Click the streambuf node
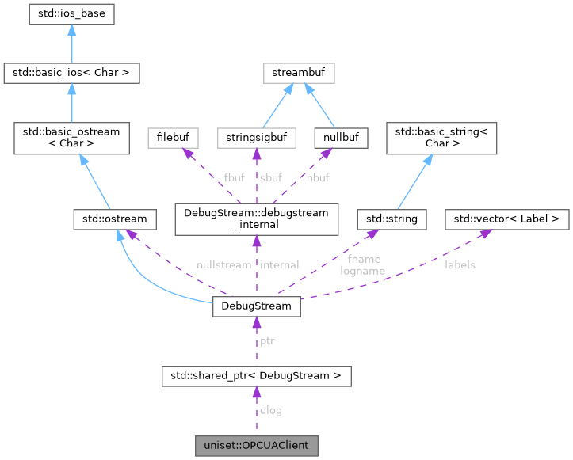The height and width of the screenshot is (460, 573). (299, 74)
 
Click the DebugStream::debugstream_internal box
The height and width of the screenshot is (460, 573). (256, 216)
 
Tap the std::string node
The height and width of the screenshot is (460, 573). (392, 216)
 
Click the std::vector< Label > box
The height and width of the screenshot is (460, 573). (506, 216)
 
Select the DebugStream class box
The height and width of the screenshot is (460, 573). (256, 306)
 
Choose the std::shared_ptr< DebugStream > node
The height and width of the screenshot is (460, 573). (256, 375)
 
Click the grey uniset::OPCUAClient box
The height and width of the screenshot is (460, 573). (256, 445)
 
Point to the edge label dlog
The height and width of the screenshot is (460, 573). (270, 410)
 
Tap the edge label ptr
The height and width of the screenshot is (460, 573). (268, 340)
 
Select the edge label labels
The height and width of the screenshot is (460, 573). (460, 264)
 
